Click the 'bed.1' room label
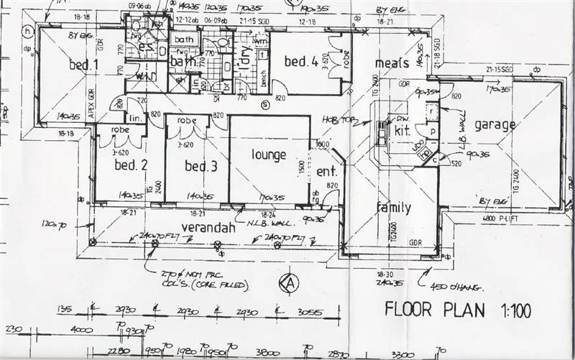83,65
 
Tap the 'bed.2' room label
130,165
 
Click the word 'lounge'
268,154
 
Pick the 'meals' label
392,63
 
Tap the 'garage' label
494,124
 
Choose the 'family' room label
394,208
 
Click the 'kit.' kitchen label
402,131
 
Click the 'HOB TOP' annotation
335,119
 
